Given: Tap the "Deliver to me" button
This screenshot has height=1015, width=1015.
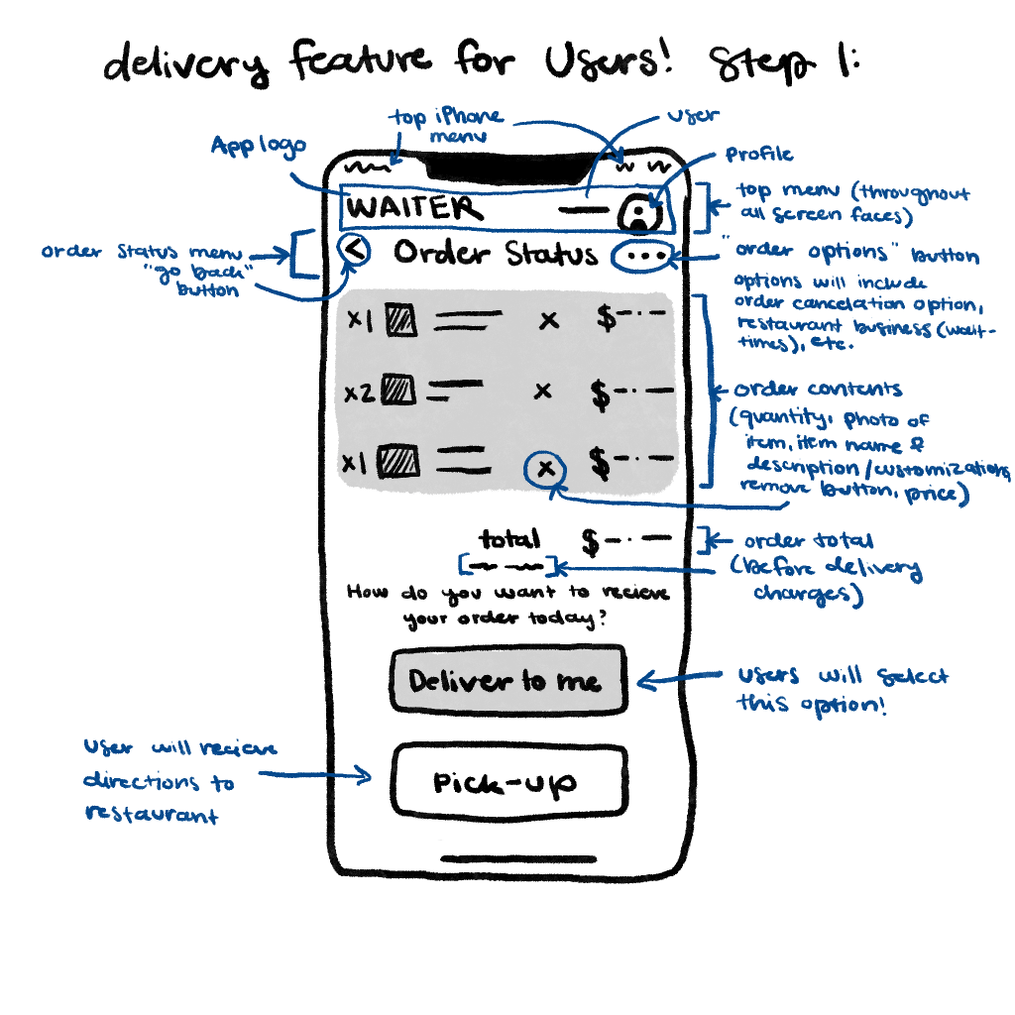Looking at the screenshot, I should click(507, 681).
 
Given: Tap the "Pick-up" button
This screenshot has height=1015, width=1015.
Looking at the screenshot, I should click(507, 781).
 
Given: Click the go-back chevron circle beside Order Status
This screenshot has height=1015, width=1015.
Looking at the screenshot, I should click(355, 252).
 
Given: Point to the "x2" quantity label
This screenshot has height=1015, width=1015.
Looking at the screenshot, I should click(358, 392).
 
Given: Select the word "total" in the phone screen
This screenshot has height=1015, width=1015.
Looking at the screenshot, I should click(509, 539).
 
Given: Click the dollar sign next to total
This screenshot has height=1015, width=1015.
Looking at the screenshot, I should click(591, 542).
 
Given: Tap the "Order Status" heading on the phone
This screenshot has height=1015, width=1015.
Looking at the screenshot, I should click(496, 254).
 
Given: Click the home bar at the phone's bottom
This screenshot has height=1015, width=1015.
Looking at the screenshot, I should click(507, 858).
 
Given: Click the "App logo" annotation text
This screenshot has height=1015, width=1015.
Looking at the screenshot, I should click(258, 147).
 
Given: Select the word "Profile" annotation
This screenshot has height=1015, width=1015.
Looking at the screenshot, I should click(759, 155).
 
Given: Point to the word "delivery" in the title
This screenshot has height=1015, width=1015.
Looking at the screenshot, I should click(187, 65).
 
